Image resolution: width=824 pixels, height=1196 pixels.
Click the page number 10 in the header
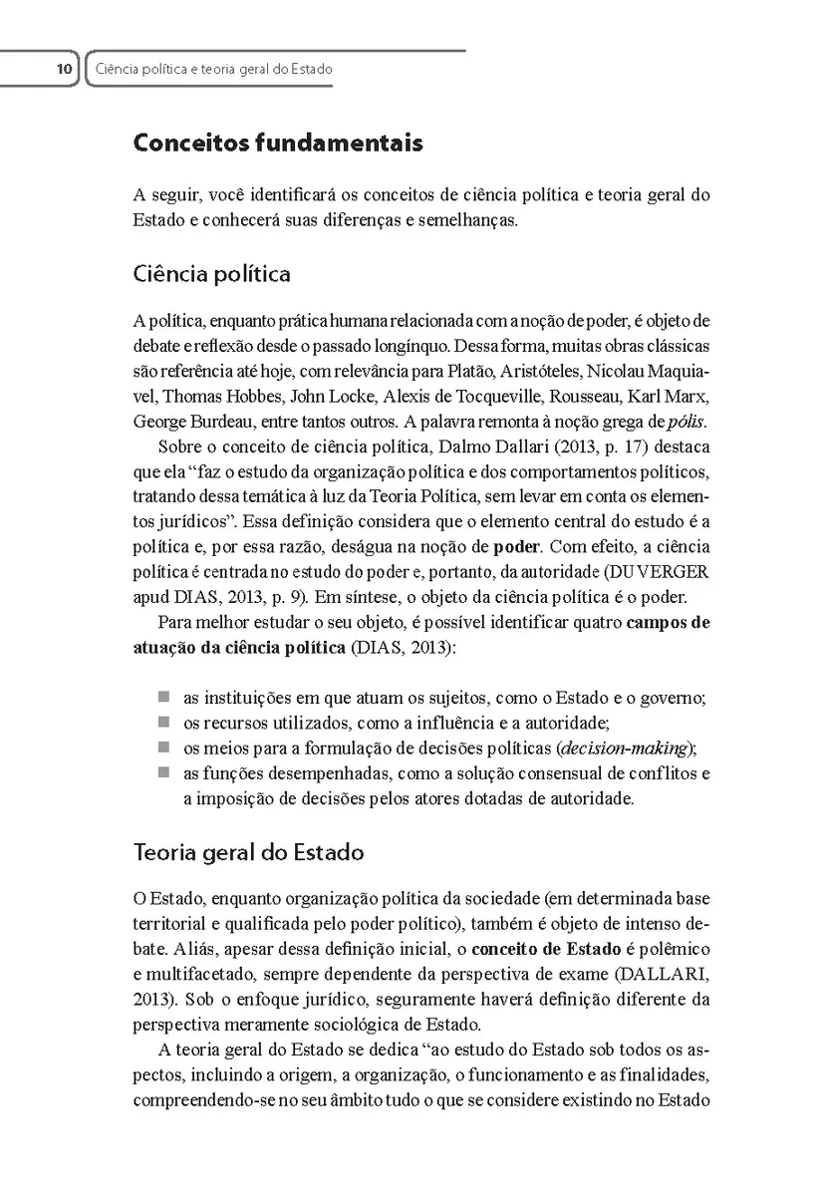pyautogui.click(x=63, y=70)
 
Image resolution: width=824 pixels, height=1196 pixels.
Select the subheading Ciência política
pyautogui.click(x=211, y=273)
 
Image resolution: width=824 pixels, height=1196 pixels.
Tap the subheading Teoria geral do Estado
pyautogui.click(x=248, y=853)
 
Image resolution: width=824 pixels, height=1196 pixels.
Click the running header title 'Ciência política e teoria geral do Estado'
pyautogui.click(x=212, y=70)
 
